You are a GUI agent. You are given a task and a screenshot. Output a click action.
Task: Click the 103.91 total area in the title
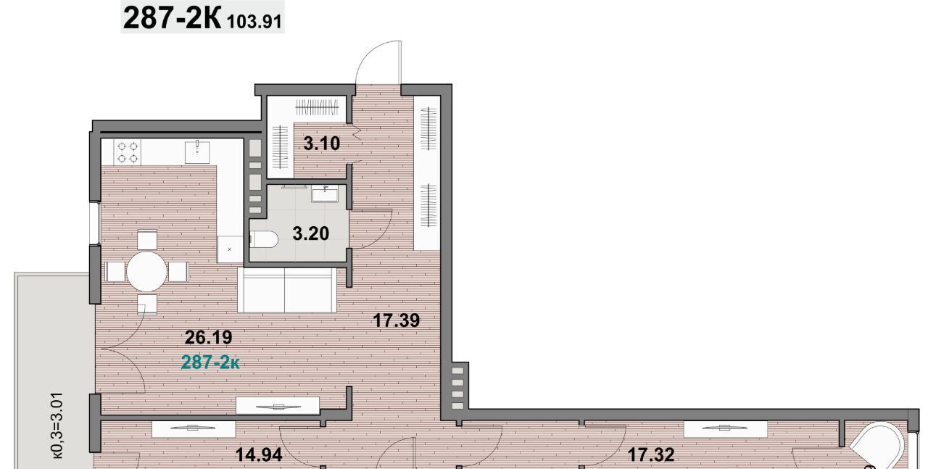[x=254, y=22]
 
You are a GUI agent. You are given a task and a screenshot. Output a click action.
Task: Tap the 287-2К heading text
[x=173, y=19]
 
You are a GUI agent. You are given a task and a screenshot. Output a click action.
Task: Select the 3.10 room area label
[x=321, y=144]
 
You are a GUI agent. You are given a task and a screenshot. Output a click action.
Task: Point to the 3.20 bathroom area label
[x=311, y=233]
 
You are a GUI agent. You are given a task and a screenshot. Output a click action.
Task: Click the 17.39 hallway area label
[x=397, y=320]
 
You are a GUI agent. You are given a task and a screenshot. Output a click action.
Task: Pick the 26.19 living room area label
[x=208, y=338]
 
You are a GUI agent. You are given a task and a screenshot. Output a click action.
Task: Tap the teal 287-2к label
[x=210, y=362]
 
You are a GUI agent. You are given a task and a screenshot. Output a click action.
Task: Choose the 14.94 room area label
[x=259, y=455]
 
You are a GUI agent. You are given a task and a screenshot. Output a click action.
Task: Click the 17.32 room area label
[x=651, y=455]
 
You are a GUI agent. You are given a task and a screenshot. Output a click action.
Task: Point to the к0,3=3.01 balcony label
[x=57, y=425]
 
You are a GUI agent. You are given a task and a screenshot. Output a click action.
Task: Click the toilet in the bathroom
[x=264, y=239]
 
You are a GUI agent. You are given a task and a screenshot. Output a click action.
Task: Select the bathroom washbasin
[x=325, y=193]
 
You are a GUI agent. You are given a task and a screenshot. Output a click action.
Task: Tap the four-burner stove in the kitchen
[x=128, y=152]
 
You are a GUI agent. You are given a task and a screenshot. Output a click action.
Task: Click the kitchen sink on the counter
[x=197, y=152]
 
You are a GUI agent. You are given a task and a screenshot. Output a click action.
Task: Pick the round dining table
[x=146, y=272]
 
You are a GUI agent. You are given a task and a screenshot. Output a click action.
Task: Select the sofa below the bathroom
[x=287, y=290]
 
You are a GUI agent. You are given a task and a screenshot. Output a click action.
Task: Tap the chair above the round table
[x=146, y=240]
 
